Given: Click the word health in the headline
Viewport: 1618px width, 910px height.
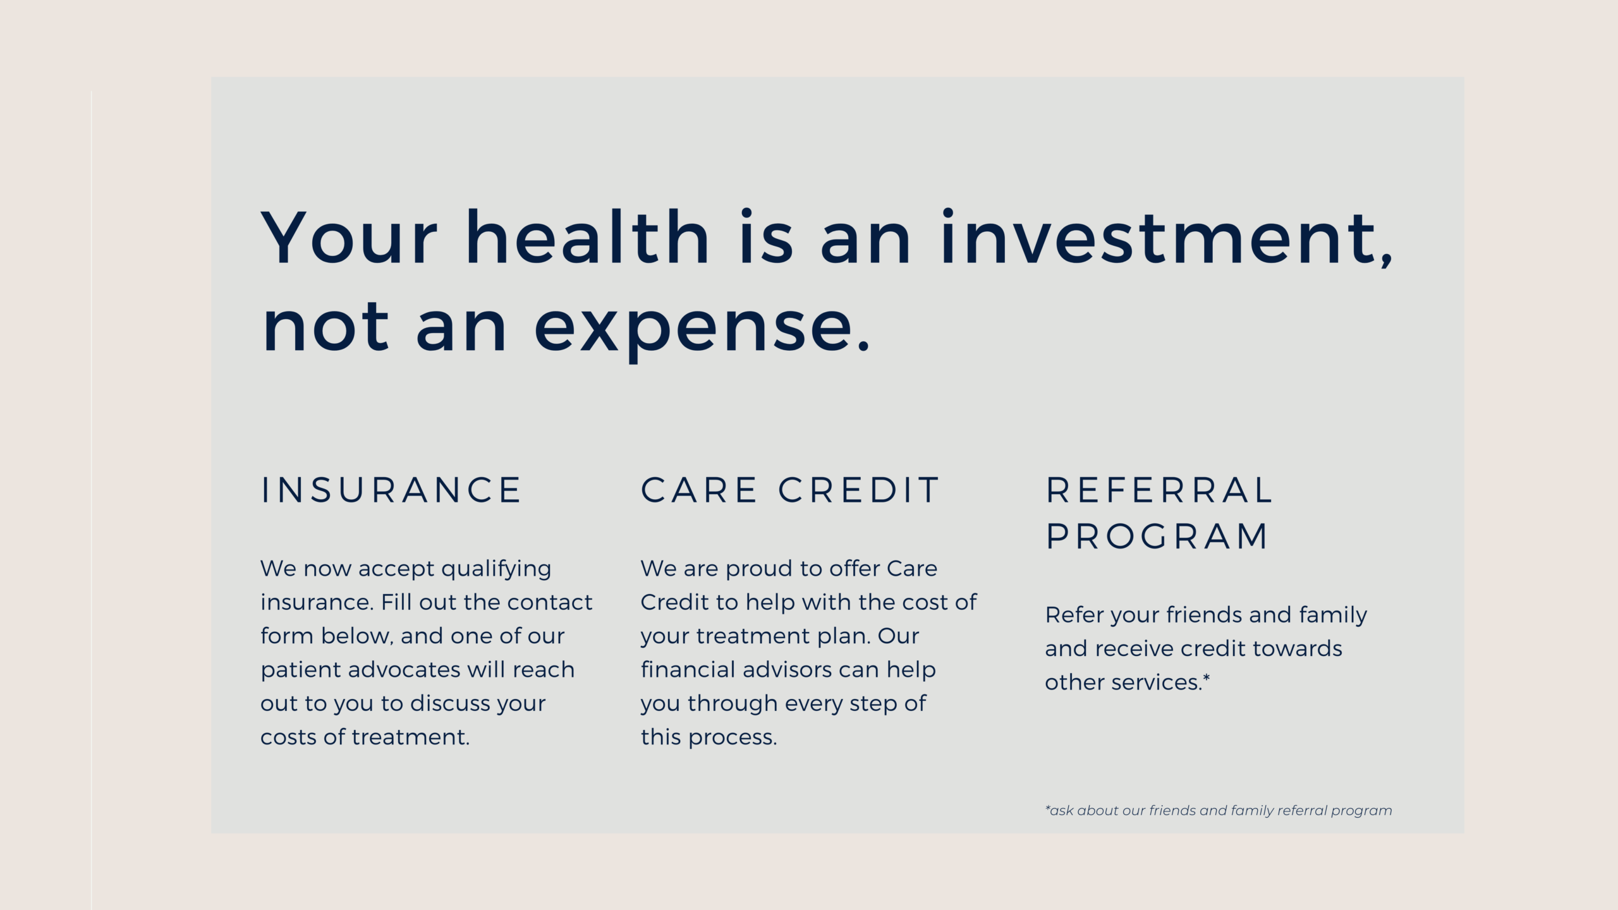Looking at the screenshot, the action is click(x=588, y=236).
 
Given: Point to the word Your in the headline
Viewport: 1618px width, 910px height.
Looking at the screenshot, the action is click(x=350, y=236).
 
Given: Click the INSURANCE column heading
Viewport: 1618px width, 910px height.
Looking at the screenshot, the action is click(x=391, y=490).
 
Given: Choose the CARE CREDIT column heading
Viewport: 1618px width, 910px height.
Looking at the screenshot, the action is click(x=790, y=490).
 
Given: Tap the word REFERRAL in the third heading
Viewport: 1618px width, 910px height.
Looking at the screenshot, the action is click(x=1159, y=490).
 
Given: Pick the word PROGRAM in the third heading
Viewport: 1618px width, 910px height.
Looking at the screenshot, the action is click(x=1157, y=537).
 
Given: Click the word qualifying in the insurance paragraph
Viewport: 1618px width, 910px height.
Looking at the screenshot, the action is click(x=496, y=569).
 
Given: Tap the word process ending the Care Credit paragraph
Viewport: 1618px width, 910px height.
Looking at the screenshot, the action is click(x=733, y=737).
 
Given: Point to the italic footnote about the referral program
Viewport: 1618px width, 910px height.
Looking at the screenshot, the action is click(x=1219, y=811).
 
